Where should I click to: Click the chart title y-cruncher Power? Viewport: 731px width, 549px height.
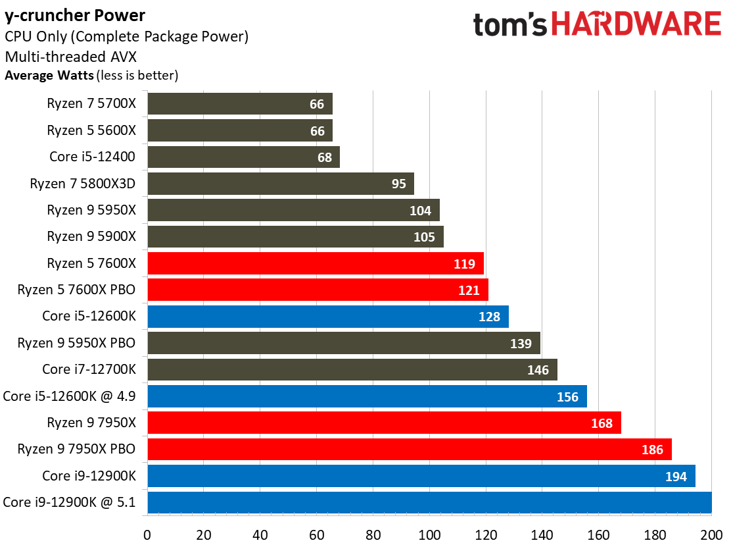pyautogui.click(x=75, y=16)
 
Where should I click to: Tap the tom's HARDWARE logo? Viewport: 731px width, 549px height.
pyautogui.click(x=597, y=24)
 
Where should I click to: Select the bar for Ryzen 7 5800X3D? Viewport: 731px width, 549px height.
pyautogui.click(x=281, y=184)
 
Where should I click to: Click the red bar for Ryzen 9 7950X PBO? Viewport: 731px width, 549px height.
pyautogui.click(x=410, y=449)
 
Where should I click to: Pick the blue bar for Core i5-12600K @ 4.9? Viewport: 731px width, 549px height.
pyautogui.click(x=367, y=396)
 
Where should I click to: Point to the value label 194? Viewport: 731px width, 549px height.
pyautogui.click(x=676, y=477)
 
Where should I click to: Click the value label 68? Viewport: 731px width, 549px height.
pyautogui.click(x=325, y=158)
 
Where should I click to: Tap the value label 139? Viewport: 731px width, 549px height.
pyautogui.click(x=521, y=344)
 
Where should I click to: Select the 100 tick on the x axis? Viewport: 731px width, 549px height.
pyautogui.click(x=429, y=535)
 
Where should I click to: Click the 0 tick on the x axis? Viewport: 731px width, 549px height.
pyautogui.click(x=147, y=535)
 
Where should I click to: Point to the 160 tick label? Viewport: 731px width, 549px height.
pyautogui.click(x=599, y=535)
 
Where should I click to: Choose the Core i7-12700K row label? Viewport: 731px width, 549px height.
pyautogui.click(x=89, y=369)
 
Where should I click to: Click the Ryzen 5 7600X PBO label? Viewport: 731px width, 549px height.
pyautogui.click(x=76, y=290)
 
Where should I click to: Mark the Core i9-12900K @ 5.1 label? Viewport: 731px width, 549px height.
pyautogui.click(x=69, y=502)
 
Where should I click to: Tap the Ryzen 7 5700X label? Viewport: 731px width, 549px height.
pyautogui.click(x=91, y=103)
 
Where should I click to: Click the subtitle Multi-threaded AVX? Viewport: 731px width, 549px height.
pyautogui.click(x=71, y=57)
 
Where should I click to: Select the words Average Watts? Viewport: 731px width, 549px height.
pyautogui.click(x=49, y=75)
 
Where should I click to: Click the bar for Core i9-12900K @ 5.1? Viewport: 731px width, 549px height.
pyautogui.click(x=430, y=503)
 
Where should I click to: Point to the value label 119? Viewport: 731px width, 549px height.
pyautogui.click(x=464, y=264)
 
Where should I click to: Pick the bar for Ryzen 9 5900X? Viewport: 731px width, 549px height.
pyautogui.click(x=296, y=237)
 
